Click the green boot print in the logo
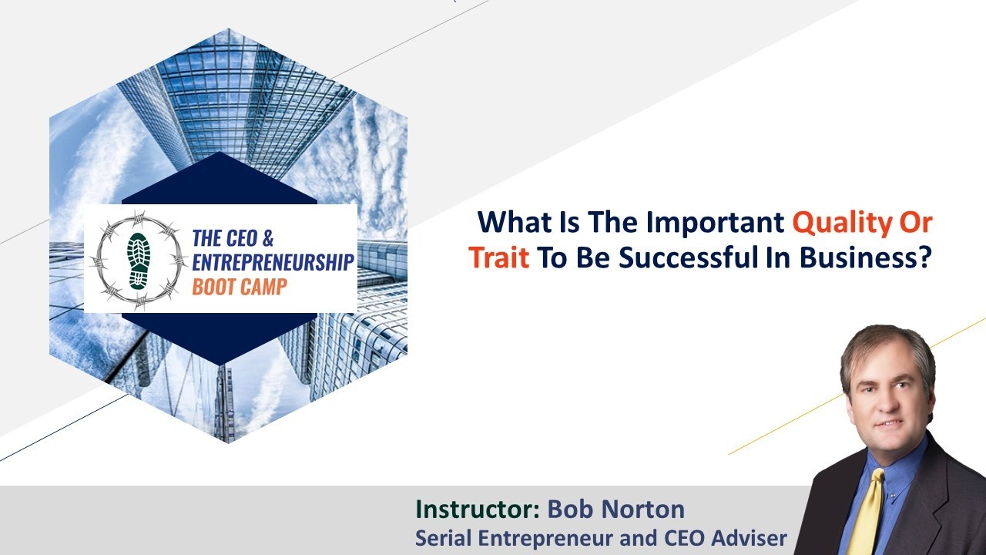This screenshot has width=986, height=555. click(139, 261)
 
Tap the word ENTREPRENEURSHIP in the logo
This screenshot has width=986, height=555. click(273, 262)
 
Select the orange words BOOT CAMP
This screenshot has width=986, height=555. click(240, 287)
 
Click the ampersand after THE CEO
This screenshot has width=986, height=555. click(267, 238)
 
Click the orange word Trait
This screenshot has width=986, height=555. click(498, 257)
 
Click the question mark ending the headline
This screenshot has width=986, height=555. click(923, 257)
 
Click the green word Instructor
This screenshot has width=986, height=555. click(478, 510)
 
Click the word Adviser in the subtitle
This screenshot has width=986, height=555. click(750, 538)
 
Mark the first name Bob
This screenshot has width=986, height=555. click(572, 510)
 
